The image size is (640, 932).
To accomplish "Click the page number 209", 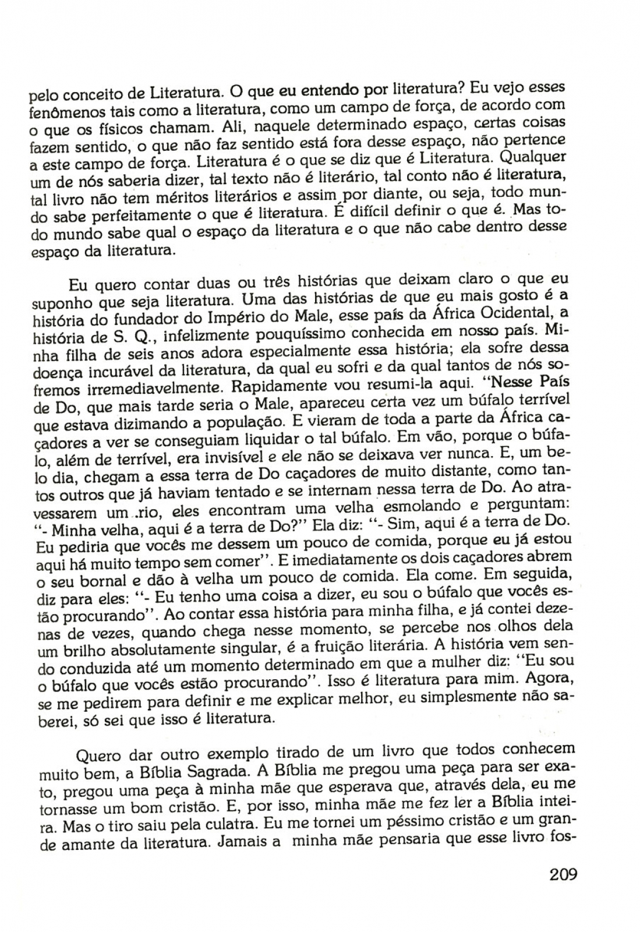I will tap(562, 874).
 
